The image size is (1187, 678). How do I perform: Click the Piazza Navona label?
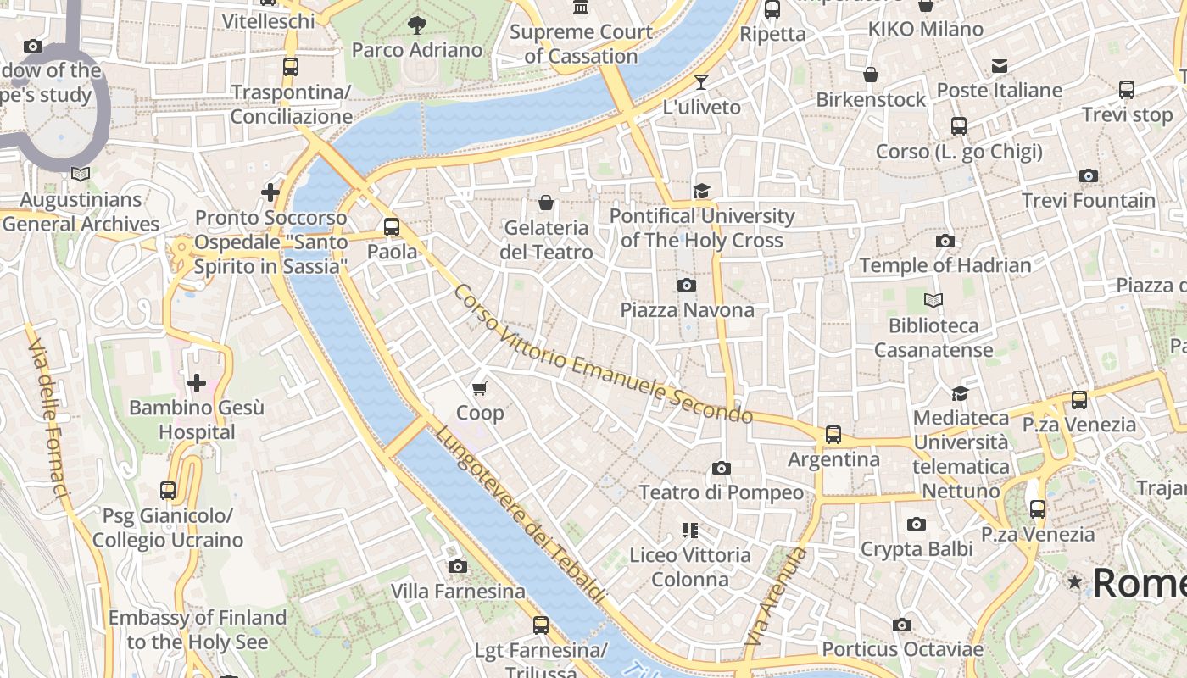687,310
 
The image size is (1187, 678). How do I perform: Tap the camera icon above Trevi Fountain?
1089,176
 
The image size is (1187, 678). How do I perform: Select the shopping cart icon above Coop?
480,389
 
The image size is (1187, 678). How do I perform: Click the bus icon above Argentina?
833,435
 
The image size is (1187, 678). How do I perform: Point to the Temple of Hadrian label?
945,265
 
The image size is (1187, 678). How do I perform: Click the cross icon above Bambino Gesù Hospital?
197,383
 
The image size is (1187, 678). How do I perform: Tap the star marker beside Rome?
1075,582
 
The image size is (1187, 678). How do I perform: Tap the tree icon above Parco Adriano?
416,25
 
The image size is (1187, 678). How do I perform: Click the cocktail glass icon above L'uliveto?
701,82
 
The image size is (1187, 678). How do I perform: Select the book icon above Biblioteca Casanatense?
933,301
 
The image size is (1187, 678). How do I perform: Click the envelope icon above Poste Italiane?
1000,66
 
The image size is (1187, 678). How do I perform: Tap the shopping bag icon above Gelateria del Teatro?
546,203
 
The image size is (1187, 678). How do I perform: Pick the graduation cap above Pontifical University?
701,191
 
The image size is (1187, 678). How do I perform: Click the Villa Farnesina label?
458,591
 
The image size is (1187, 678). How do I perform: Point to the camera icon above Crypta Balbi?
916,525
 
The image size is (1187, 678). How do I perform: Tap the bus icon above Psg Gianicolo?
168,490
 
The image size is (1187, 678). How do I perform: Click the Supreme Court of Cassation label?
581,44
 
